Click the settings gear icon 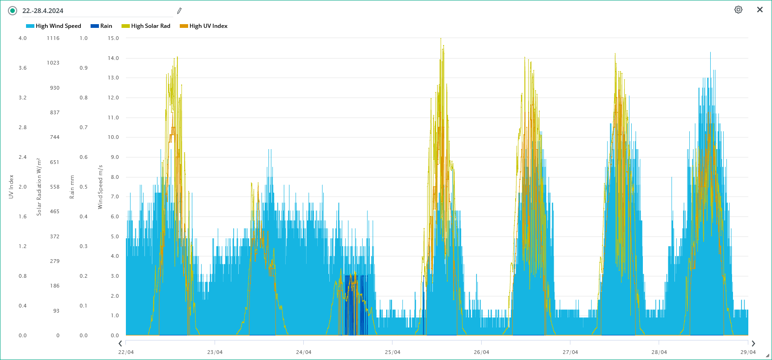[x=738, y=10]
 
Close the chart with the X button [x=760, y=10]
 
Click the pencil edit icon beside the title [x=179, y=11]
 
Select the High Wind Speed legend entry [x=53, y=26]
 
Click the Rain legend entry [x=101, y=26]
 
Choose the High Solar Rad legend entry [x=146, y=26]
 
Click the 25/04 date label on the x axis [x=393, y=352]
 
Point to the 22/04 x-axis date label [x=126, y=352]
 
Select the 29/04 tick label [x=748, y=352]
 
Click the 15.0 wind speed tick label [x=113, y=38]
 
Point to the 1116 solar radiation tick [x=53, y=38]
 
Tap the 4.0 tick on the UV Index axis [x=23, y=38]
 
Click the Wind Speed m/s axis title [x=100, y=187]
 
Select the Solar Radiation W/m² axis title [x=39, y=187]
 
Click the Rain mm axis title [x=72, y=187]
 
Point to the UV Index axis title [x=11, y=187]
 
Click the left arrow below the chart [x=120, y=344]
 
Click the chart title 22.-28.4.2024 [x=43, y=11]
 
